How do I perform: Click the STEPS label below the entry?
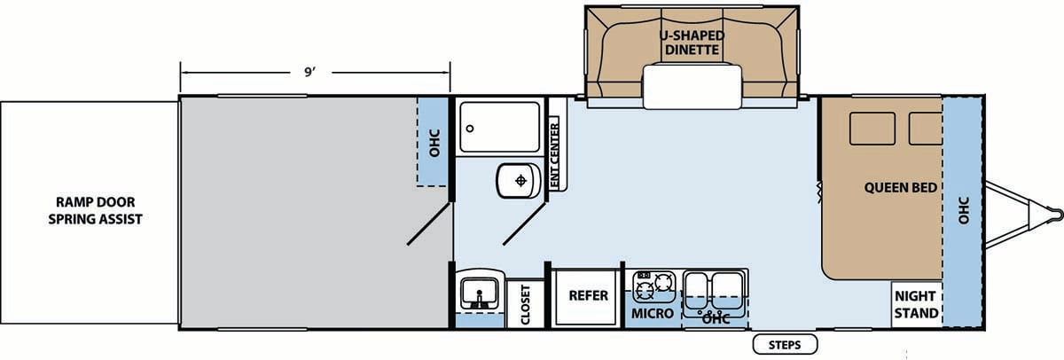click(x=785, y=345)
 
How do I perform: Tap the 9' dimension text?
click(x=310, y=72)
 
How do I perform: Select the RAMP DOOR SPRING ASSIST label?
click(x=96, y=210)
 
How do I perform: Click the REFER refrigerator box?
click(x=588, y=297)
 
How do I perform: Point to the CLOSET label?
click(x=525, y=304)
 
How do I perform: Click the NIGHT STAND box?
click(x=916, y=304)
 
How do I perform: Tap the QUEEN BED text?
click(x=901, y=188)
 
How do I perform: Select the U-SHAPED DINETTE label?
click(x=692, y=43)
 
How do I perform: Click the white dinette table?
click(x=692, y=87)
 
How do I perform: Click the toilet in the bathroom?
click(x=519, y=181)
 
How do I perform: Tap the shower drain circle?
click(x=470, y=129)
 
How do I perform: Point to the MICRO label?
click(x=653, y=314)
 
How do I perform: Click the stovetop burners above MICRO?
click(x=653, y=286)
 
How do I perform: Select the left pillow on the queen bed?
click(x=872, y=129)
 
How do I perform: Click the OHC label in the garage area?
click(x=434, y=143)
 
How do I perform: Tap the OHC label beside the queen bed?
click(x=963, y=210)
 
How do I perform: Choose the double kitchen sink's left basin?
click(x=697, y=291)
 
